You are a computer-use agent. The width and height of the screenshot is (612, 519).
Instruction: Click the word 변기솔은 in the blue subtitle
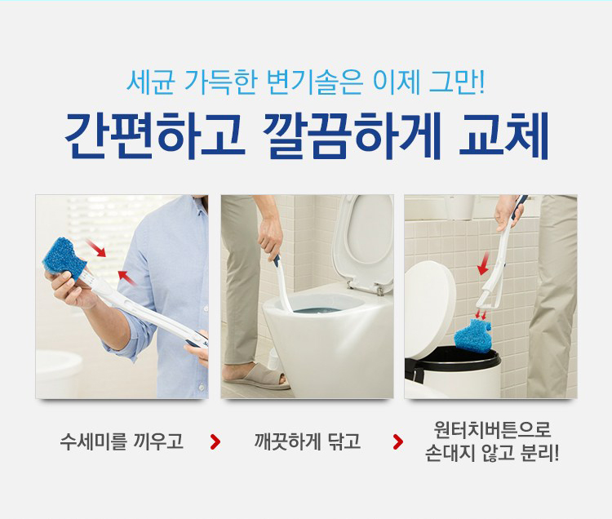tap(315, 82)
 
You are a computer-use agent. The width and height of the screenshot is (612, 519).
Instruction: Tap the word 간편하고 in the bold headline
tap(154, 135)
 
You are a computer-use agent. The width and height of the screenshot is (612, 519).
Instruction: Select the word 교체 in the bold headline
tap(504, 135)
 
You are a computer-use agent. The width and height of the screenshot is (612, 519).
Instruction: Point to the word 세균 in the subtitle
tap(150, 82)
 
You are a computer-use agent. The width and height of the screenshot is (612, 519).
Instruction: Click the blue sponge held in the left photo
tap(64, 258)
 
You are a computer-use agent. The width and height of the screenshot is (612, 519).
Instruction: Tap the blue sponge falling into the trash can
tap(473, 335)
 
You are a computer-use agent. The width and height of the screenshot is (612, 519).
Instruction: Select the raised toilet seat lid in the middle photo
tap(362, 240)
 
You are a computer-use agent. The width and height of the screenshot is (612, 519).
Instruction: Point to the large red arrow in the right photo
tap(484, 263)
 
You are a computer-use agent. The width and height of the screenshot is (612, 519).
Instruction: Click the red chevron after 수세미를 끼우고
tap(215, 441)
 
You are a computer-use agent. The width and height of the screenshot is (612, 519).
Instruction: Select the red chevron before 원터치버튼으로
tap(398, 441)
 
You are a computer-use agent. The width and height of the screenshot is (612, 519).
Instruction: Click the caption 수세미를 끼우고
tap(122, 441)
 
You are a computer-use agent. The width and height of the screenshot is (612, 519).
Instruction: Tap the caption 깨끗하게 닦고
tap(307, 441)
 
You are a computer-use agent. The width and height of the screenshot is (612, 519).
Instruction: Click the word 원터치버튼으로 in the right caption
tap(492, 429)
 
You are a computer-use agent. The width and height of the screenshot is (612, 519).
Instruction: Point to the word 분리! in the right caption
tap(539, 453)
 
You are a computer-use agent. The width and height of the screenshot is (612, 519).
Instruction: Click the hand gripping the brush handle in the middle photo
tap(270, 235)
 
